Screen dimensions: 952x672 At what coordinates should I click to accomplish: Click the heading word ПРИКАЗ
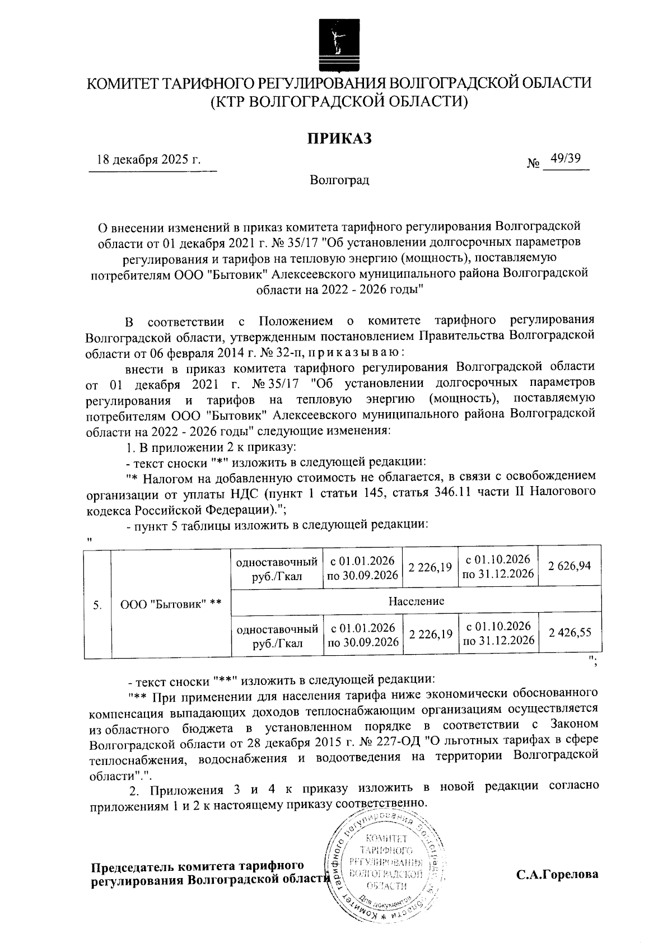338,138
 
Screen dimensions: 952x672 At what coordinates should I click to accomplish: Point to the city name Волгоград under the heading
339,180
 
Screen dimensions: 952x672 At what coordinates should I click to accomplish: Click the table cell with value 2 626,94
570,567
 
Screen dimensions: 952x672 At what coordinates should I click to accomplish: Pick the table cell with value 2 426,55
570,633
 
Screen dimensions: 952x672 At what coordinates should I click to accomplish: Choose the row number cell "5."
97,604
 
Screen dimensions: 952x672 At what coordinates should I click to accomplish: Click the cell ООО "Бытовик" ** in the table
171,604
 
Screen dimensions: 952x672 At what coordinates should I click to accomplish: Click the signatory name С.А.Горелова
557,874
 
